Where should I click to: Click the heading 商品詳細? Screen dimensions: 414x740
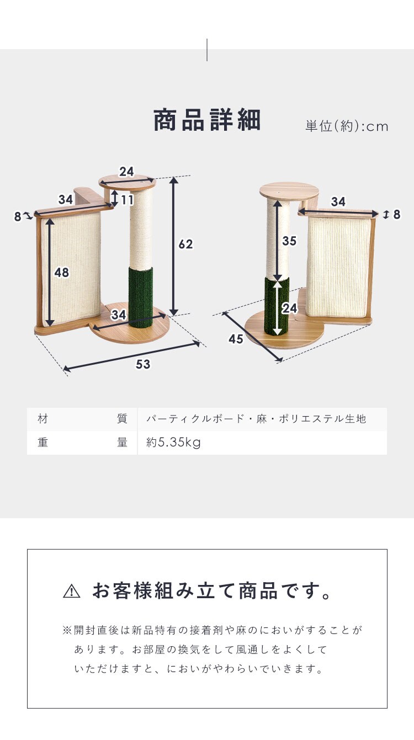(207, 120)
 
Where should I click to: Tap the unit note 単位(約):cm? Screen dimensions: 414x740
(347, 126)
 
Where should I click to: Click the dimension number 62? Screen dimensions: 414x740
(185, 244)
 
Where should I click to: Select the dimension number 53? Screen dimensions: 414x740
(143, 364)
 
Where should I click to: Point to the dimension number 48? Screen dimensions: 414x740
(61, 273)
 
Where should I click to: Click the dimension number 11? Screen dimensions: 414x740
(127, 200)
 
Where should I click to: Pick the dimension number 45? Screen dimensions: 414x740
(236, 339)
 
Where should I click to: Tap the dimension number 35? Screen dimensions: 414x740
(289, 241)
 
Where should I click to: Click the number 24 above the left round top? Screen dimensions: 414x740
(126, 172)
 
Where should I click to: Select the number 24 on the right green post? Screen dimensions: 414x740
(290, 308)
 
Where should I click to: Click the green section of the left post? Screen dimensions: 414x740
(141, 297)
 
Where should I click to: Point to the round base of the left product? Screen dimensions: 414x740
(130, 326)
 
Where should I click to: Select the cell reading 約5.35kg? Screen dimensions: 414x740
(173, 443)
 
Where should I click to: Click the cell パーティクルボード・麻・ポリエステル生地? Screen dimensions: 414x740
(256, 419)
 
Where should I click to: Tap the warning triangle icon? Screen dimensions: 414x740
(72, 591)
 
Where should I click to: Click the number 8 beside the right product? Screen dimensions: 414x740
(397, 215)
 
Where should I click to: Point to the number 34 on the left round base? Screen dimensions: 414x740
(119, 315)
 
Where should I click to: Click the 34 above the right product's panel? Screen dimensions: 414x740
(338, 201)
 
